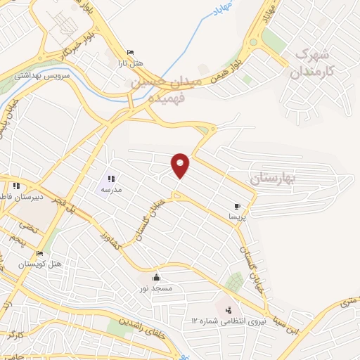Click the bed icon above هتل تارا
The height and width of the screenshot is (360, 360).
129,53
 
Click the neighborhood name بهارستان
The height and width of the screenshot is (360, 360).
274,180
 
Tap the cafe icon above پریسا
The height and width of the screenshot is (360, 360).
237,206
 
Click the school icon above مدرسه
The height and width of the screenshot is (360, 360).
111,179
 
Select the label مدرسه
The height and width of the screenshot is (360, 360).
111,190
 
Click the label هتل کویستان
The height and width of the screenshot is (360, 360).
40,264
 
